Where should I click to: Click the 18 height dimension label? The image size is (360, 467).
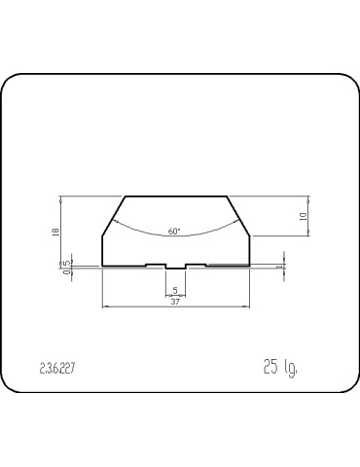coord(55,233)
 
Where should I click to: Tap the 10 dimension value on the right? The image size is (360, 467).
coord(304,217)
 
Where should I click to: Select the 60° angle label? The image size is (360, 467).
coord(174,232)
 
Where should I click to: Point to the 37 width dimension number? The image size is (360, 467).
coord(175,302)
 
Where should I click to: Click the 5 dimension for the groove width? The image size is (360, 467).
coord(175,291)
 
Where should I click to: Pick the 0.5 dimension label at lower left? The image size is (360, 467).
coord(67,268)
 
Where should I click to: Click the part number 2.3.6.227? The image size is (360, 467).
coord(57,369)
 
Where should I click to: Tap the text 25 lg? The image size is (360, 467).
coord(280,368)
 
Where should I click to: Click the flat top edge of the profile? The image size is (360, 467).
coord(176,197)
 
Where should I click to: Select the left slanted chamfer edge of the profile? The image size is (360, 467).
coord(114,216)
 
